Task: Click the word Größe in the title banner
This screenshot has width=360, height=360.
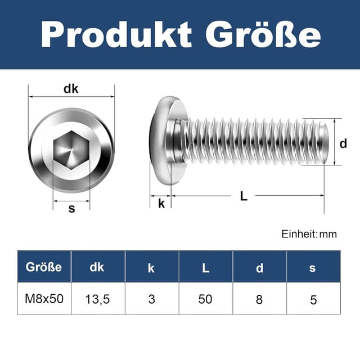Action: [x=263, y=34]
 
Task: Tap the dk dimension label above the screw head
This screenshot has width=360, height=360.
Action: [x=71, y=88]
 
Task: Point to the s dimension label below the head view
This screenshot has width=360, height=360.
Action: [x=71, y=209]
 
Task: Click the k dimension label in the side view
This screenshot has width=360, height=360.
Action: [x=161, y=203]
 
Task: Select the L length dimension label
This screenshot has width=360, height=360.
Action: [x=244, y=196]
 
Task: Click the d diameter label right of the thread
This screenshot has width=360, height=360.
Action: [x=343, y=143]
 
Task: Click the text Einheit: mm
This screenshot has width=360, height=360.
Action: [x=309, y=234]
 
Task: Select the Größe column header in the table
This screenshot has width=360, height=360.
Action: [x=44, y=267]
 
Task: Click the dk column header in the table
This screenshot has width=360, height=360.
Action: [x=97, y=267]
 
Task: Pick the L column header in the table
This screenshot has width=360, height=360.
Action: [x=205, y=268]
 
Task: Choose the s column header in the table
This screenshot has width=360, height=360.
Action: [x=313, y=268]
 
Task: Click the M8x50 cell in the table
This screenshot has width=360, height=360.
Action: [x=44, y=298]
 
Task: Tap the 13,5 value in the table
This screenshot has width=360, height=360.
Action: [x=97, y=299]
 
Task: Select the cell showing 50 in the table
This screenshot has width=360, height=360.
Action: [x=205, y=299]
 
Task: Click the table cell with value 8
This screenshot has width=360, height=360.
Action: [x=259, y=299]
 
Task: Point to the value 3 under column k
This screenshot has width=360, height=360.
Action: [x=151, y=299]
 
